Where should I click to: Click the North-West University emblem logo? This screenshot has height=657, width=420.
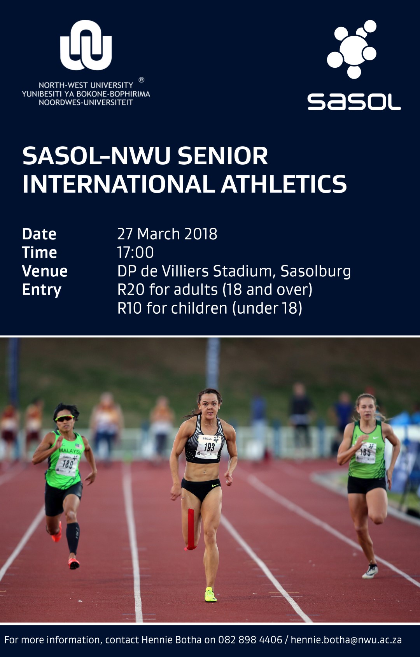(86, 45)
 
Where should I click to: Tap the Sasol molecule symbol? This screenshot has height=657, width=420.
(352, 49)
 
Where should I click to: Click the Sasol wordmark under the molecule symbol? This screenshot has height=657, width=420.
(354, 102)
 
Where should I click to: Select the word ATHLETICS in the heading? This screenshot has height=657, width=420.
(284, 184)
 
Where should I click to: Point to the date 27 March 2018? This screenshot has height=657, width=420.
(167, 234)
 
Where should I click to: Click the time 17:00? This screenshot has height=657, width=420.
(135, 253)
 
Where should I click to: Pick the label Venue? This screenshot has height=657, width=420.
(45, 271)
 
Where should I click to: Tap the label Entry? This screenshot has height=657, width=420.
(42, 290)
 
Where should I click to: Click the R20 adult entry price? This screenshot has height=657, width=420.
(131, 290)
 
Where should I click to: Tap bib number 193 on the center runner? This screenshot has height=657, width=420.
(209, 447)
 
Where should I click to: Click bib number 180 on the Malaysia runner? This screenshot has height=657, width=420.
(68, 464)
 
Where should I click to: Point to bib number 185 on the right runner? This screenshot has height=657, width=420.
(365, 452)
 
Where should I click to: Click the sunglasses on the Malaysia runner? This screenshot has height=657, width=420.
(65, 418)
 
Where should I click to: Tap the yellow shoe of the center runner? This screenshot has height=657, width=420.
(210, 594)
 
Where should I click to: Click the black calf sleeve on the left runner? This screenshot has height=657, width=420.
(73, 538)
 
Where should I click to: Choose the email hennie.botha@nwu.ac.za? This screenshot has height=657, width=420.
(346, 640)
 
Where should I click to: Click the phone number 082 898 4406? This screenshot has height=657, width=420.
(250, 640)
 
